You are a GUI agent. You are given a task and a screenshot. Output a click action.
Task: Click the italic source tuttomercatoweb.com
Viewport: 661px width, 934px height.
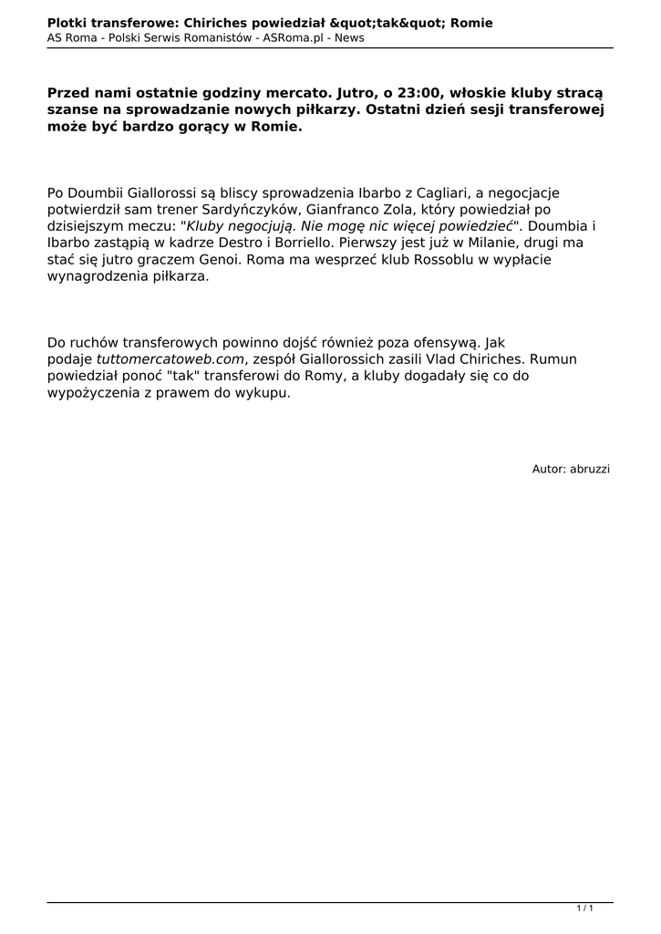click(x=170, y=359)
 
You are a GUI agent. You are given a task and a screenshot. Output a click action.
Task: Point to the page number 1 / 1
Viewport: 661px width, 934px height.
click(x=585, y=908)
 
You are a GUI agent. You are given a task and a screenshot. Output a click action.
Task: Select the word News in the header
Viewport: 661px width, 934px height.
click(x=348, y=38)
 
